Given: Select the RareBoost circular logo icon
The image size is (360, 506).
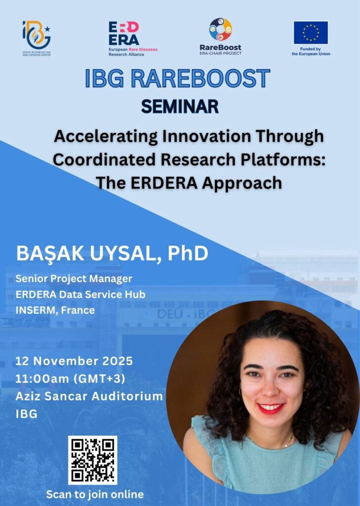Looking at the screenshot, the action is point(221,30).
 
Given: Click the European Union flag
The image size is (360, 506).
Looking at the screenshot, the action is point(311,33).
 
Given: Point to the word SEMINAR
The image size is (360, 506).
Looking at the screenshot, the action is point(180,107).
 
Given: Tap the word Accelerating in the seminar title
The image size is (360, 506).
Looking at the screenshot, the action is point(106,136).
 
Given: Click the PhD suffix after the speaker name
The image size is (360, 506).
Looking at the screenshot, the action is point(188,253).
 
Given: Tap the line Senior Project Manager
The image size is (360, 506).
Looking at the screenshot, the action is point(74,279).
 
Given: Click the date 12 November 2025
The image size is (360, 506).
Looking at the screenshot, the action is point(74,361).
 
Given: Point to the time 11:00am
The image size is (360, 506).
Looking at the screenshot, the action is point(43,378).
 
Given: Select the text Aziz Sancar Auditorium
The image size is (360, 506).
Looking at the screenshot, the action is point(89,396).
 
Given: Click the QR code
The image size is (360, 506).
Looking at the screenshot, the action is point(92,460).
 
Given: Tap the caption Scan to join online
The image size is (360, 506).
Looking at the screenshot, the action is point(95,494).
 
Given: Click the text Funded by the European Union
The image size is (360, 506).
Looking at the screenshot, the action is point(311,51).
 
